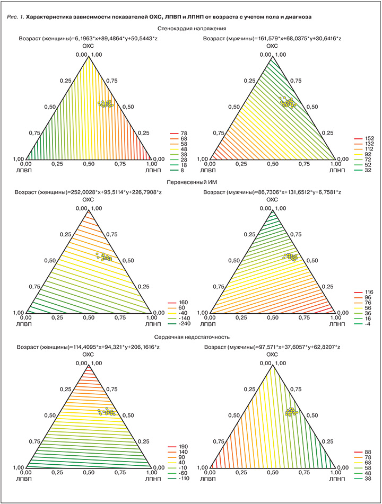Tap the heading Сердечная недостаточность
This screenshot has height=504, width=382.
[x=193, y=335]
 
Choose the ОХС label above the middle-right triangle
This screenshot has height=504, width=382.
[x=272, y=199]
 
